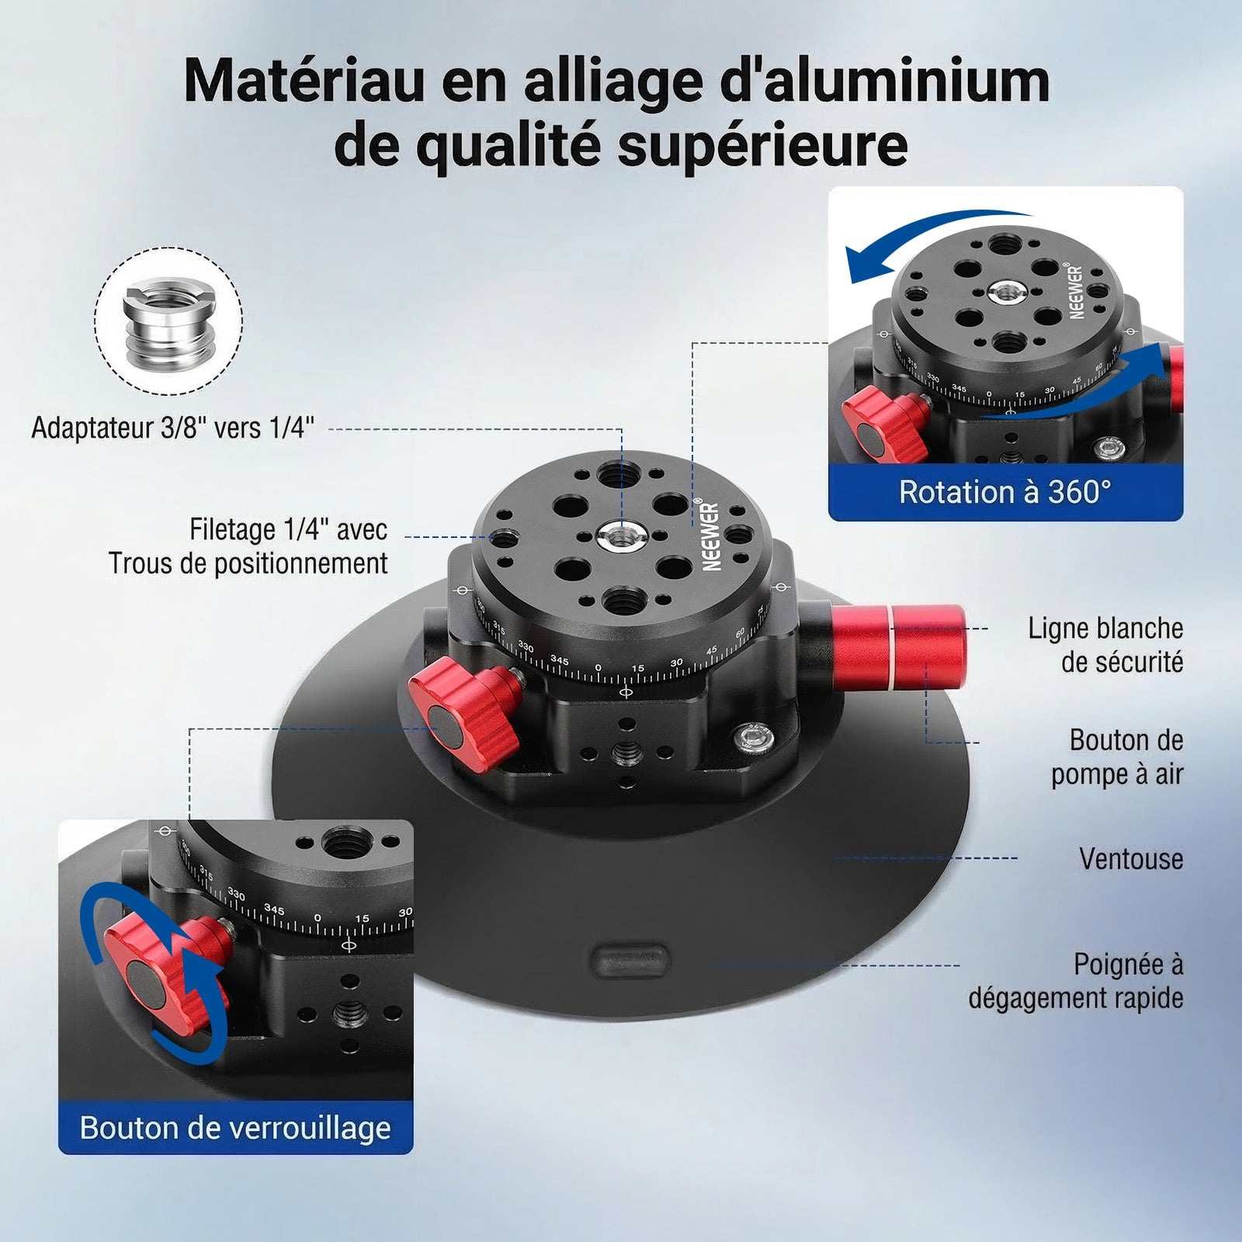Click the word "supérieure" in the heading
762,146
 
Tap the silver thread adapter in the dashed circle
168,322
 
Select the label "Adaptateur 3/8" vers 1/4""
172,428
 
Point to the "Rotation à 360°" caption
1005,491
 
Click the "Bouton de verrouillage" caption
235,1128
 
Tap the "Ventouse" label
1131,859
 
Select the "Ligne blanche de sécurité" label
1106,645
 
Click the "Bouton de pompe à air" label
1118,757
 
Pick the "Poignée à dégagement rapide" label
1076,981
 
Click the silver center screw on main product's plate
619,534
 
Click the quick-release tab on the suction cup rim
630,960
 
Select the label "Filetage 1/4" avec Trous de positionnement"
248,546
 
